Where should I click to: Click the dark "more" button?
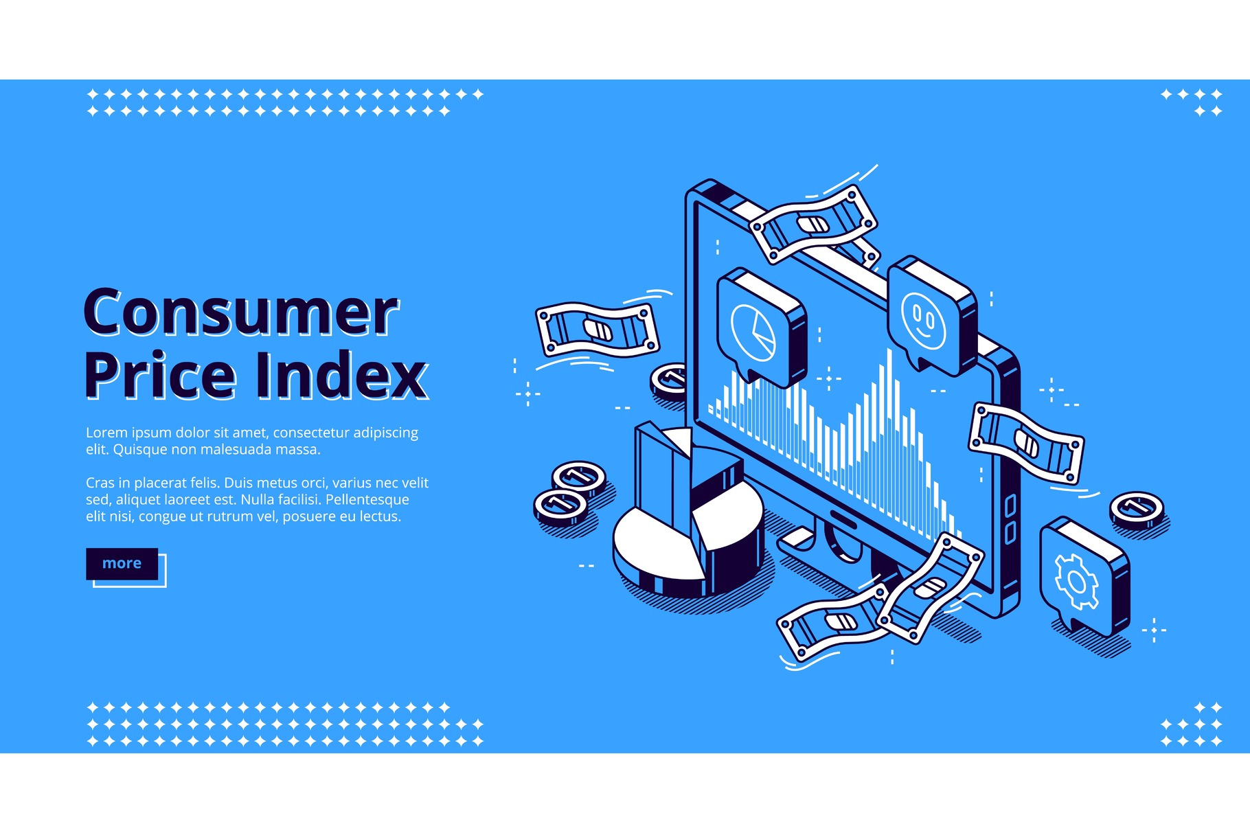tap(122, 564)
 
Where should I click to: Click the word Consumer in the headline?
tap(241, 312)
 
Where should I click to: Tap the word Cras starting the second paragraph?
tap(100, 483)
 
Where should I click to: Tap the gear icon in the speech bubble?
tap(1076, 582)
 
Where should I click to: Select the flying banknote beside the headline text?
tap(597, 330)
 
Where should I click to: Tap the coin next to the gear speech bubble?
tap(1137, 511)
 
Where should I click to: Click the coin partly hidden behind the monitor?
tap(669, 382)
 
